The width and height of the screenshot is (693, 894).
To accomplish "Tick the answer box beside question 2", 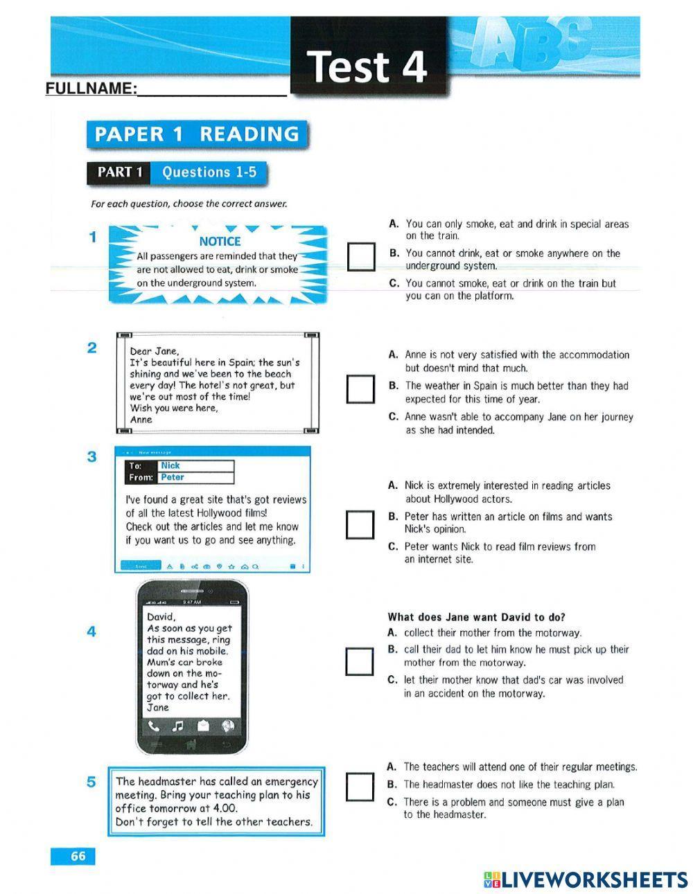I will pos(360,389).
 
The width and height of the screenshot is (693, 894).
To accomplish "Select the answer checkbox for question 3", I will pos(360,524).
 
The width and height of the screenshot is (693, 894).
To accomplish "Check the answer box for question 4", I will pos(360,661).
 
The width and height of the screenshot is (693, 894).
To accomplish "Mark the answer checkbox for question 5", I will pos(360,786).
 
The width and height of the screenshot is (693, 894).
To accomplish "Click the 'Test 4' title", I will pos(367,67).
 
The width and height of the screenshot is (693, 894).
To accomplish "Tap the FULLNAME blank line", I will pos(211,90).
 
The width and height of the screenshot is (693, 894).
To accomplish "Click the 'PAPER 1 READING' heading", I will pos(197,134).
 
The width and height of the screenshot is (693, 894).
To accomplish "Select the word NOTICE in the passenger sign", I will pos(220,241).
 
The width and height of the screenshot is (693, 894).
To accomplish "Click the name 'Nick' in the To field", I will pos(170,466).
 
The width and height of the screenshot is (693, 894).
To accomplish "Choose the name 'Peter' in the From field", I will pos(173,478).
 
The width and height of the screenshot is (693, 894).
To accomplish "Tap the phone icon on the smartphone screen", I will pos(154,726).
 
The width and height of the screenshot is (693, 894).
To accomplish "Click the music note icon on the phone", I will pos(178,726).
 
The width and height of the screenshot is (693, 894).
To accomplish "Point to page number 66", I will pos(78,856).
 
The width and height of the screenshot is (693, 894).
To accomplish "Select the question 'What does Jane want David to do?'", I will pos(476,617).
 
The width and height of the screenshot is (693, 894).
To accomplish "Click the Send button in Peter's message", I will pos(141,566).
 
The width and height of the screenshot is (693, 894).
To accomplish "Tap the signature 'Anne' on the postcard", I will pos(141,420).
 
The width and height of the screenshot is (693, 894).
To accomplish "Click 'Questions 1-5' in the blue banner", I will pos(209,172).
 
